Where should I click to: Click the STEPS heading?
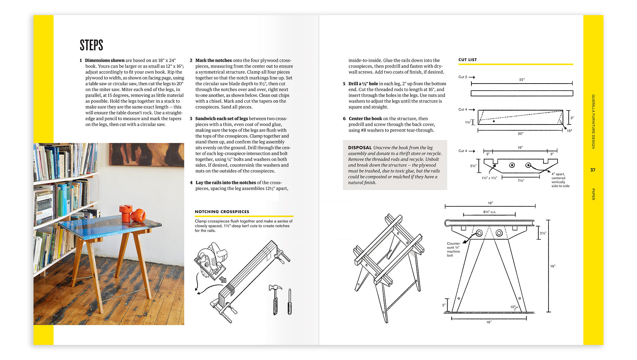coord(91,45)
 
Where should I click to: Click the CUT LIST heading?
coord(467,60)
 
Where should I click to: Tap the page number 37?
coord(592,170)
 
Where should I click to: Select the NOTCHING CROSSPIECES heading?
coord(222,212)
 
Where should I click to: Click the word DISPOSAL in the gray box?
coord(360,148)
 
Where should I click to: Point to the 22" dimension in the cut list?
coord(522,80)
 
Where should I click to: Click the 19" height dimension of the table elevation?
coord(553,266)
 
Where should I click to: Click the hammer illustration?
coord(275,299)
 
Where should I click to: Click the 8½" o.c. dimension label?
coord(489,212)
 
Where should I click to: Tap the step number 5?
coord(344,84)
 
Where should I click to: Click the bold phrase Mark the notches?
coord(214,60)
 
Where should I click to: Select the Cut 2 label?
coord(463,77)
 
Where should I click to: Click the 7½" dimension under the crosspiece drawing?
coord(521,181)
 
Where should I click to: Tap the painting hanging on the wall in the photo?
coord(147,155)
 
